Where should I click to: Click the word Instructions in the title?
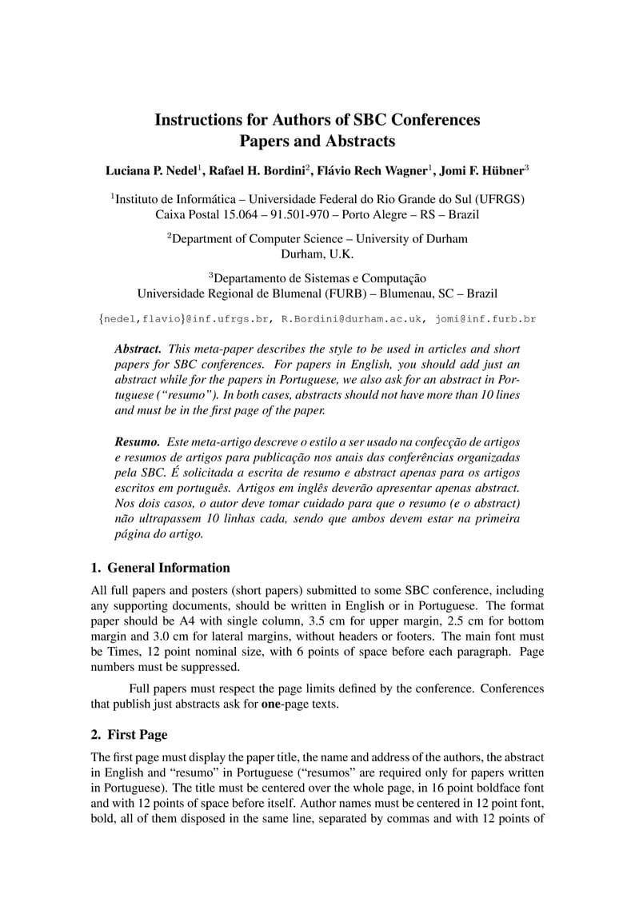pos(192,120)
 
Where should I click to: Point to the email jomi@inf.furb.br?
pos(485,318)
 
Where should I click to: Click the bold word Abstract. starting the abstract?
pos(138,349)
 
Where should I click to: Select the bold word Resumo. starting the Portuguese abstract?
pos(138,441)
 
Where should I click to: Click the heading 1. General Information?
pos(160,568)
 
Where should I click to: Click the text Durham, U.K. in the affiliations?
pos(317,254)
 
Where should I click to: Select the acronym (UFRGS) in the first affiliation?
pos(499,199)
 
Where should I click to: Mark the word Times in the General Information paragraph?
pos(109,652)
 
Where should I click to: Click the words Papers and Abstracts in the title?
pos(317,142)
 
